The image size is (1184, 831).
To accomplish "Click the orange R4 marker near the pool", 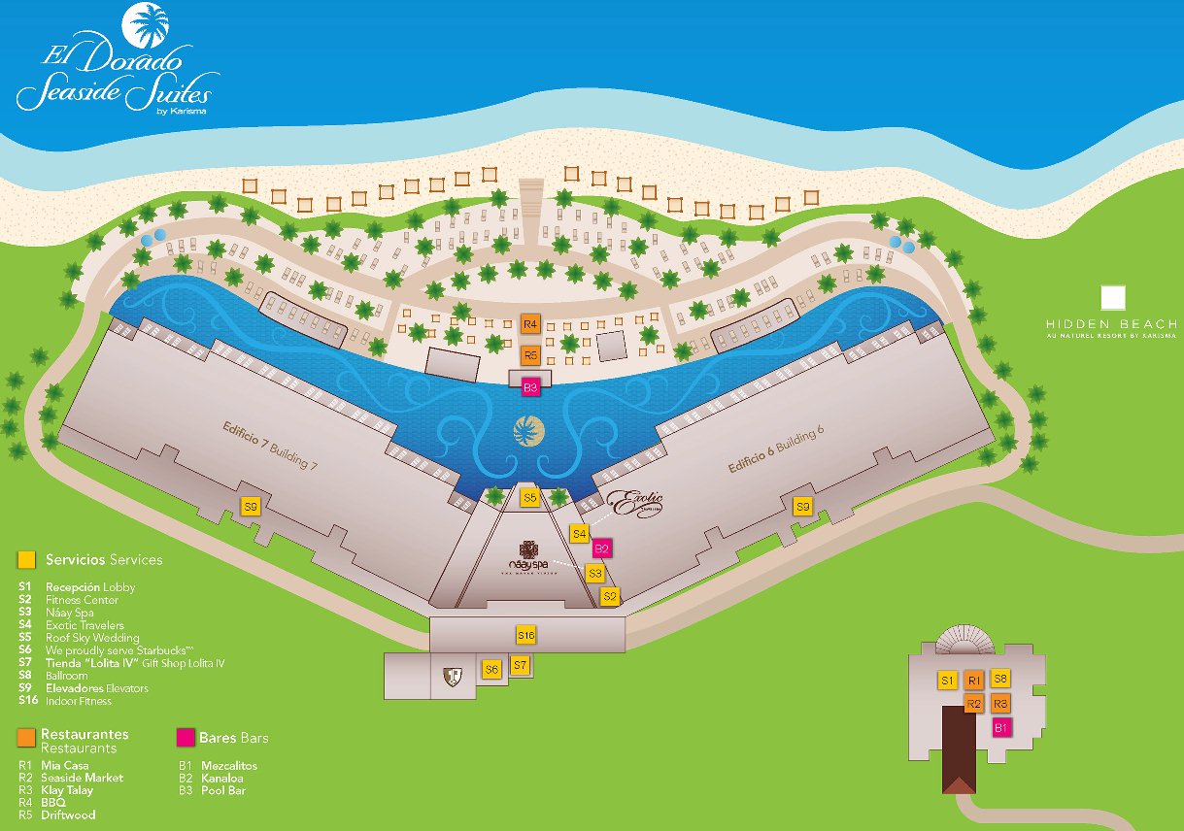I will click(x=530, y=323).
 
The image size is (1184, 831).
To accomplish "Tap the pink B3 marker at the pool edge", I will click(x=530, y=387).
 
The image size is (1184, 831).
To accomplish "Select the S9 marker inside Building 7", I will click(x=252, y=507).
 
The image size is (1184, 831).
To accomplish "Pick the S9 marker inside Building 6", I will click(x=802, y=506).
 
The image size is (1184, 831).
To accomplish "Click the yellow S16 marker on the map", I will click(x=525, y=635).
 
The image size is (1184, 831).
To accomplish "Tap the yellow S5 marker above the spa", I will click(x=529, y=498).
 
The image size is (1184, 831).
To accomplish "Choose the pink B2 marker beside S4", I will click(x=602, y=548).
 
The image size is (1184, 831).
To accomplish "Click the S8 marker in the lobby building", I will click(x=1000, y=679).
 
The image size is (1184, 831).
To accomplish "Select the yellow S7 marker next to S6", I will click(x=520, y=666).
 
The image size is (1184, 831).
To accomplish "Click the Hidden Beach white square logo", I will click(x=1112, y=298).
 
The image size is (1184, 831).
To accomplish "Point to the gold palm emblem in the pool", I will click(x=528, y=429).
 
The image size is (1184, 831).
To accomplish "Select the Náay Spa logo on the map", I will click(x=529, y=556).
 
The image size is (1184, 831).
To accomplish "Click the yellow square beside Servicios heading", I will click(x=27, y=559).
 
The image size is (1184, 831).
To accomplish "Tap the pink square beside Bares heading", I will click(x=185, y=738).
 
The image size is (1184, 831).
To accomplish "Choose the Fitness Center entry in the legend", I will click(x=82, y=600).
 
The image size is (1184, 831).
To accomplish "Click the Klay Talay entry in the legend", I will click(x=67, y=790).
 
